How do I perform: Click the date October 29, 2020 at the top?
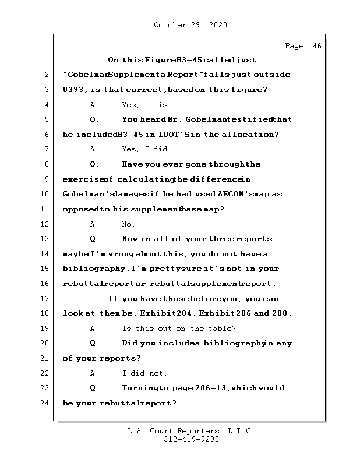pyautogui.click(x=190, y=25)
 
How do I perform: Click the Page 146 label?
pyautogui.click(x=303, y=46)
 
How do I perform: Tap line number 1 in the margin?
pyautogui.click(x=45, y=60)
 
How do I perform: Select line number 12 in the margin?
pyautogui.click(x=45, y=224)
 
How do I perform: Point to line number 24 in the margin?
pyautogui.click(x=45, y=403)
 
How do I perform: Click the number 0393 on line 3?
pyautogui.click(x=73, y=90)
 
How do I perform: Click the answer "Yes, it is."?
pyautogui.click(x=147, y=105)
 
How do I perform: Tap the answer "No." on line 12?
pyautogui.click(x=129, y=224)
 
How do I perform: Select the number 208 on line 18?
pyautogui.click(x=281, y=314)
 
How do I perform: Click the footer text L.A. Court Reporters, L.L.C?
pyautogui.click(x=190, y=432)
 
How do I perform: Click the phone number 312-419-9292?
pyautogui.click(x=191, y=440)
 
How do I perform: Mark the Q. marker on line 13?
pyautogui.click(x=95, y=239)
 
